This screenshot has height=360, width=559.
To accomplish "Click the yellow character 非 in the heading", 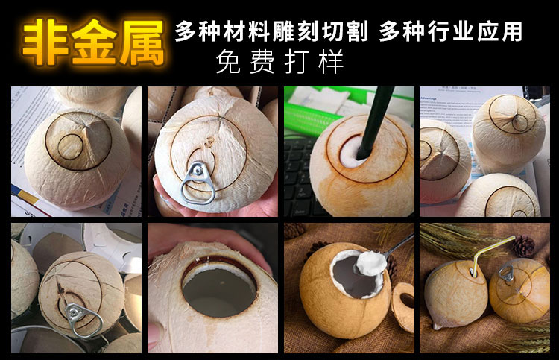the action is coord(45,42).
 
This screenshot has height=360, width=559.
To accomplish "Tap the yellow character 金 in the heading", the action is coord(93,42).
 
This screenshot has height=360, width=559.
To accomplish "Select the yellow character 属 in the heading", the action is coord(141,42).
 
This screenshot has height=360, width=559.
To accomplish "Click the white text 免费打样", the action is coord(279,62).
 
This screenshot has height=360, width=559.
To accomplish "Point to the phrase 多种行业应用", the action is coord(451,31).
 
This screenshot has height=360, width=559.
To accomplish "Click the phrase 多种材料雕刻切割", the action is coord(271,31).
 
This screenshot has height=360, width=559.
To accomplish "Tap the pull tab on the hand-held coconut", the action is coord(198,182).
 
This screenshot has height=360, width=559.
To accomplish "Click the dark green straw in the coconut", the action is coord(374,121).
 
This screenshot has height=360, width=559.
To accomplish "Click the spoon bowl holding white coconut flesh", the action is coord(371,263).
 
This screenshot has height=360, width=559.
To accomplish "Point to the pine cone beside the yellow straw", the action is coord(524,246).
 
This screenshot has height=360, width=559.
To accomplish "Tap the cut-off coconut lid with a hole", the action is coord(404,306).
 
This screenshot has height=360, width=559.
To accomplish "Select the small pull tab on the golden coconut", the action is coord(506,274).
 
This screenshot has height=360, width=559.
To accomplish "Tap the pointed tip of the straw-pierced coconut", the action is coord(436,326).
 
